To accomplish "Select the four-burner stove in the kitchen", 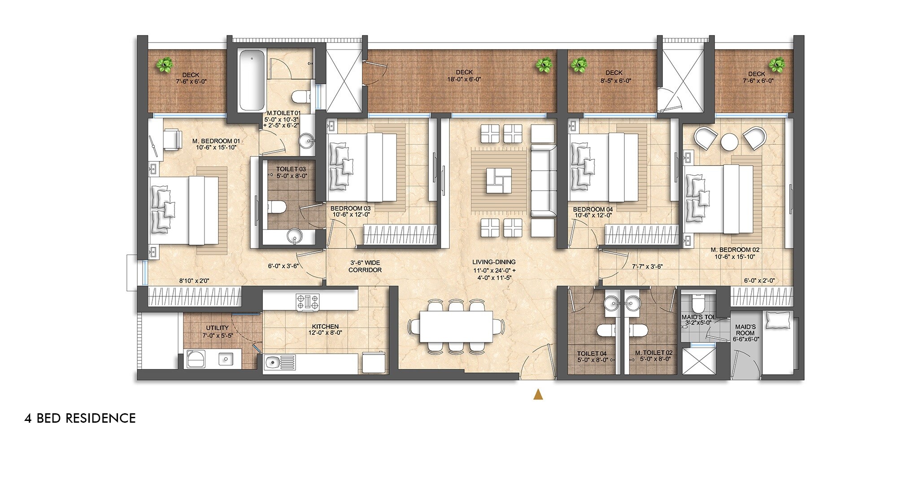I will click(308, 301).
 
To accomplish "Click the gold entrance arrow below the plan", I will click(538, 394).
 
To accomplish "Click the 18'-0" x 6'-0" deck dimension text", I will click(464, 80).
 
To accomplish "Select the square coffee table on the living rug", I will click(498, 181).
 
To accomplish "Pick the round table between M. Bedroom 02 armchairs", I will click(730, 142).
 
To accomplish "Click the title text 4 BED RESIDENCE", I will click(80, 418).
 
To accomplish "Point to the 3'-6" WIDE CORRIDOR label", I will click(365, 266).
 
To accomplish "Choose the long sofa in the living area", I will click(543, 181).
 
